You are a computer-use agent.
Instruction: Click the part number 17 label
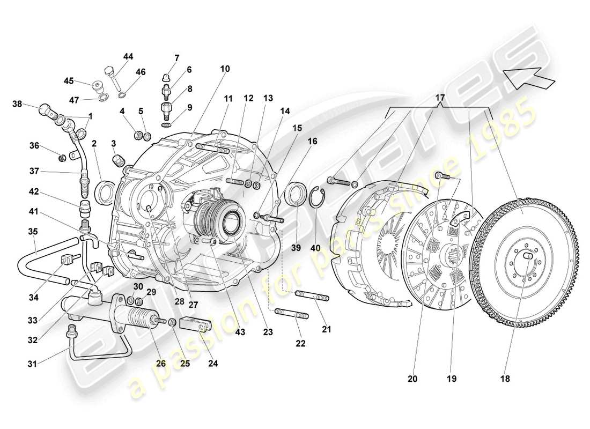[x=440, y=98]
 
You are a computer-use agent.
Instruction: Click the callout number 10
[x=225, y=69]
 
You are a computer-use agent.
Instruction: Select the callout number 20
[x=412, y=379]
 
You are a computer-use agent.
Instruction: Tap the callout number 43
[x=240, y=332]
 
